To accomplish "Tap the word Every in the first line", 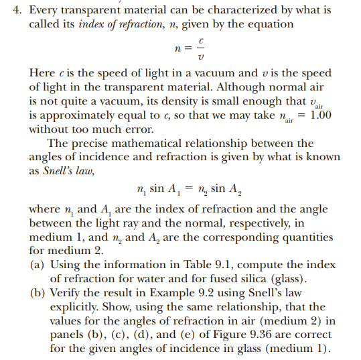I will click(x=44, y=11).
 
